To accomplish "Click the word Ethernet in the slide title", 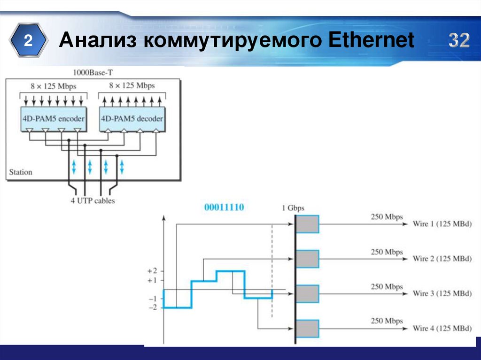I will pos(372,41).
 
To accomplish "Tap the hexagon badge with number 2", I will pos(29,41).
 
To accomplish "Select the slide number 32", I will pos(458,41).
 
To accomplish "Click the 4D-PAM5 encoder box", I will pos(53,118).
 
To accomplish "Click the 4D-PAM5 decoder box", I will pos(132,118).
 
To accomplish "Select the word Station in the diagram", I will pos(21,172).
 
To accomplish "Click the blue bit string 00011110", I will pos(224,207).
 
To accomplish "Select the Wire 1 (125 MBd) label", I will pos(442,224).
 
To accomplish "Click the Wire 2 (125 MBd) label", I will pos(442,259).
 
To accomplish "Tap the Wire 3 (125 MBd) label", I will pos(442,293).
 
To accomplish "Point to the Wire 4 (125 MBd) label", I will pos(442,328).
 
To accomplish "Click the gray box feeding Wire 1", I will pos(308,224).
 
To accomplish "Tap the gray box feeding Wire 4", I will pos(308,328).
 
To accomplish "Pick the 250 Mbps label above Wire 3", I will pos(387,286).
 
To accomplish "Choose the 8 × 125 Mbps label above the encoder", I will pos(53,86).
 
